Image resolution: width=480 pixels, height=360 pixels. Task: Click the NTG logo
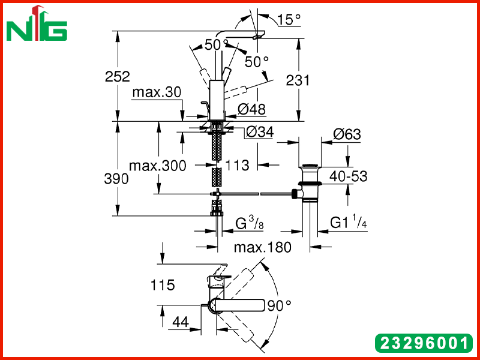click(x=37, y=23)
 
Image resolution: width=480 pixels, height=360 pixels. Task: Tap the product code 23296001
click(x=424, y=343)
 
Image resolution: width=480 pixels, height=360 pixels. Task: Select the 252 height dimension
click(x=117, y=76)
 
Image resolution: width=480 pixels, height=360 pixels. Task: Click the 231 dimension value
click(x=298, y=80)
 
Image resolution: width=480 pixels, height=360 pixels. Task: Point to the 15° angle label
click(x=289, y=20)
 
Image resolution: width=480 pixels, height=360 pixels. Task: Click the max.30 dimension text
click(x=157, y=92)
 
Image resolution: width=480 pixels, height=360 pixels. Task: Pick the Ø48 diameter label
click(x=251, y=109)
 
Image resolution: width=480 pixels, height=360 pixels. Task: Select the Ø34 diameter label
click(x=260, y=132)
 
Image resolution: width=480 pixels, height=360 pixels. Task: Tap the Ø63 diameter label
click(x=347, y=134)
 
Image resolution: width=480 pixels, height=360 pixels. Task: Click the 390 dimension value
click(x=116, y=179)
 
